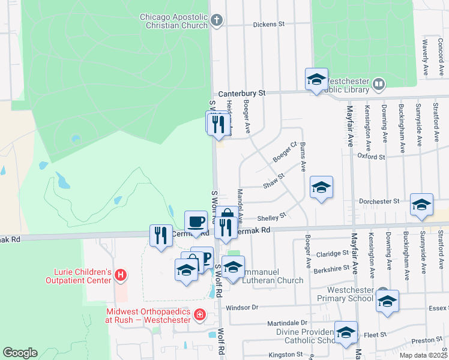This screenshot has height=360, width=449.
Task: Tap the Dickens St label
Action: (268, 25)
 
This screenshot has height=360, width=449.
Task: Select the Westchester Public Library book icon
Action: (379, 84)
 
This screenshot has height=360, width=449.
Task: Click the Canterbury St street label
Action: (241, 94)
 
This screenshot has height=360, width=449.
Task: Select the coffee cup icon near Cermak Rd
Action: (196, 221)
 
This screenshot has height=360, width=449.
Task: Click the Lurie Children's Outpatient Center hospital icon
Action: (121, 275)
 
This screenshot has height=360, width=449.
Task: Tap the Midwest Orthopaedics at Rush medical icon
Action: (199, 314)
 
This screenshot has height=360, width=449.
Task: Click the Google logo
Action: (20, 353)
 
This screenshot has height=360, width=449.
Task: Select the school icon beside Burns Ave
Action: (321, 187)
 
